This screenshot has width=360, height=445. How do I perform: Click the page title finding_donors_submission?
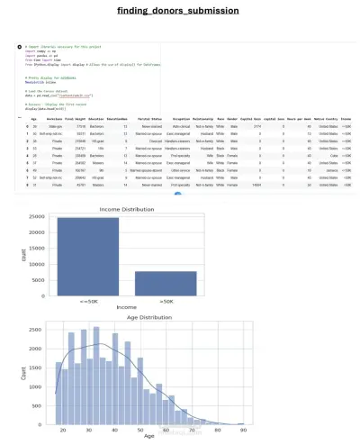(180, 11)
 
